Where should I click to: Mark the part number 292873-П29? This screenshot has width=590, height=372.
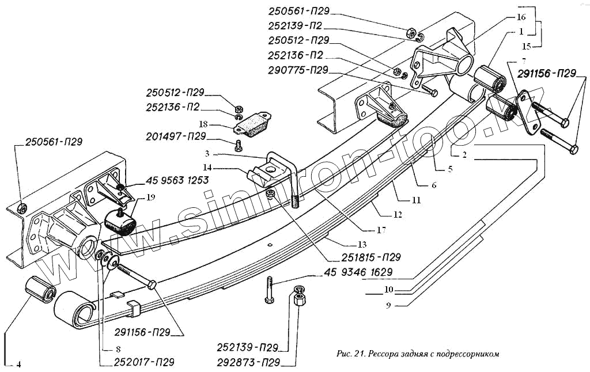[x=249, y=363]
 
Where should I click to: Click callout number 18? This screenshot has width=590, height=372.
[x=203, y=124]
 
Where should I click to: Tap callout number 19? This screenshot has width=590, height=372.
[x=150, y=197]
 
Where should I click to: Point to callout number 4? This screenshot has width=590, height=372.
[x=18, y=364]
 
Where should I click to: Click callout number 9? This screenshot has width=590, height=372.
[x=388, y=305]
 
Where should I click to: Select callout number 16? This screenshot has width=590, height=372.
[x=521, y=17]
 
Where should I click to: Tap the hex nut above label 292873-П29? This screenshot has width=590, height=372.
[x=300, y=300]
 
